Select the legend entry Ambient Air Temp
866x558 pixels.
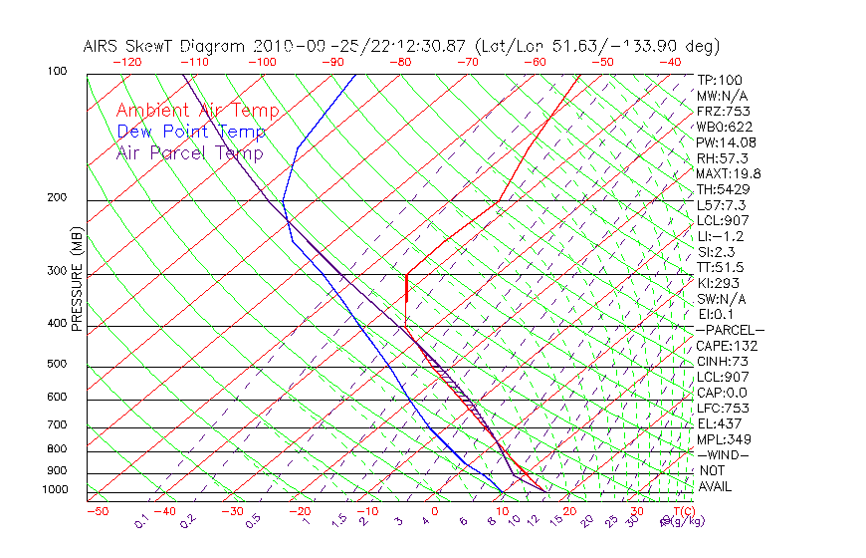[197, 111]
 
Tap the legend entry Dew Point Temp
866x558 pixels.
[191, 132]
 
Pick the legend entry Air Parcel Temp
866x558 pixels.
[189, 152]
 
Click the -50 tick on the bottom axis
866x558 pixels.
[97, 511]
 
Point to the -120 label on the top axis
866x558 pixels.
[127, 62]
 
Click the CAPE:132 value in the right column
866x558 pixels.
[727, 346]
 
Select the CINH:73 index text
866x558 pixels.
[723, 361]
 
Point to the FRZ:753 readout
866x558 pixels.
[723, 111]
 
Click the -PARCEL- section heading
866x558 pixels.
[730, 330]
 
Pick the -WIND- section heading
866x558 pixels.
[724, 454]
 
